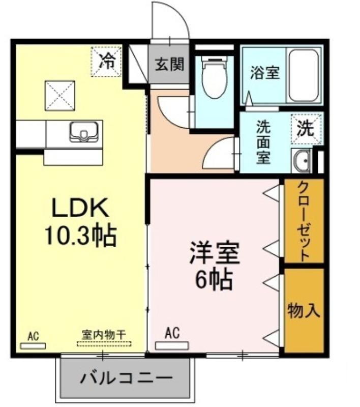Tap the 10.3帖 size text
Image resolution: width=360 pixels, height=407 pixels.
click(80, 236)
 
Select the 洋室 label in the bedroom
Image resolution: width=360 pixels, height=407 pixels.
click(214, 252)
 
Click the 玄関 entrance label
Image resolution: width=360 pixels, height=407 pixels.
click(170, 64)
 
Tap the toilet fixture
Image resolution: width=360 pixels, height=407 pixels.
click(215, 78)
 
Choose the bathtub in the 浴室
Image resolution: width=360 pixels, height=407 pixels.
click(304, 75)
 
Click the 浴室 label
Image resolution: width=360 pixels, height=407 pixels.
click(265, 73)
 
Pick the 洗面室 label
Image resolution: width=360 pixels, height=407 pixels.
click(263, 142)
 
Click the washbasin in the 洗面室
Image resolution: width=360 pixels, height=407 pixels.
click(301, 161)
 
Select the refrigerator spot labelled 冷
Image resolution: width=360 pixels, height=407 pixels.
click(106, 62)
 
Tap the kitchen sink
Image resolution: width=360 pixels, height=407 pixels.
click(83, 132)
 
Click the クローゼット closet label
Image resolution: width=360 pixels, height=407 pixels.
click(304, 221)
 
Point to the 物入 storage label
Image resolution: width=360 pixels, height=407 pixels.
click(304, 310)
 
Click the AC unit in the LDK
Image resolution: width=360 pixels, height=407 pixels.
click(33, 346)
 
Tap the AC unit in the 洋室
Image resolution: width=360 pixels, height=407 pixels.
click(172, 346)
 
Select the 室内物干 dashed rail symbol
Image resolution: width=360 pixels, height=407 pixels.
click(104, 344)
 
